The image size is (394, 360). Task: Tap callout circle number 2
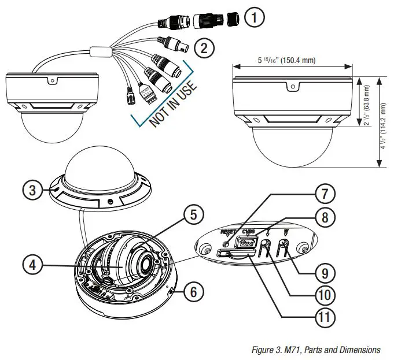coord(203,48)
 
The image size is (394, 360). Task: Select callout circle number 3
coord(34,190)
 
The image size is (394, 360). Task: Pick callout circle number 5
coord(194,215)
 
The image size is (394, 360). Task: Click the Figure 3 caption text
coord(316,350)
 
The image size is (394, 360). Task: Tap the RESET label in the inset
coord(229,232)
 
